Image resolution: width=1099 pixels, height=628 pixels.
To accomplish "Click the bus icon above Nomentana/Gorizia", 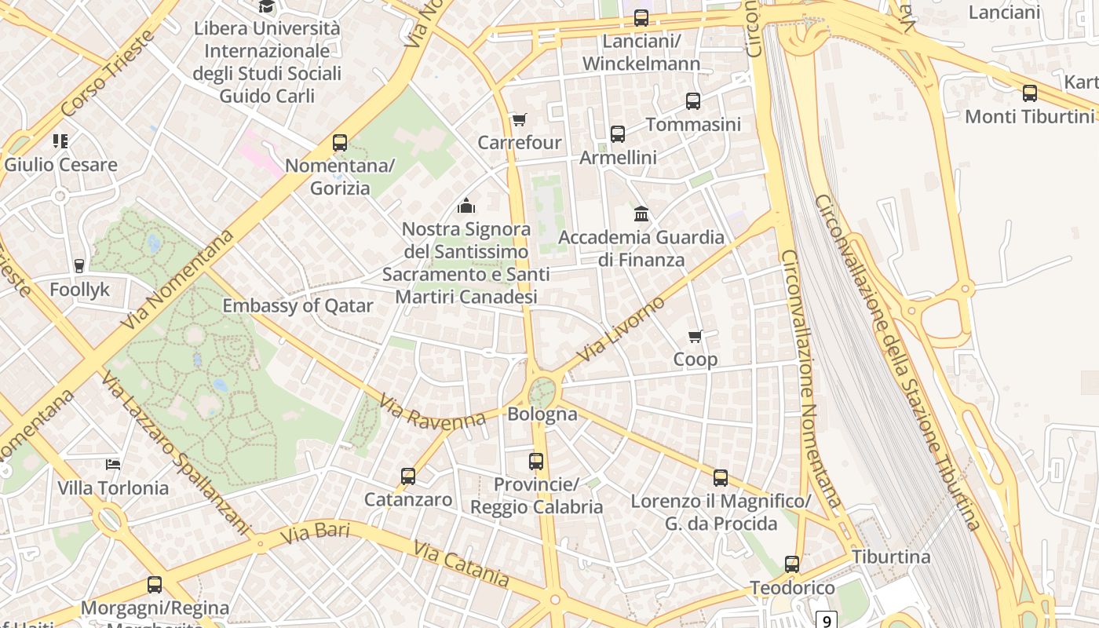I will (x=339, y=143).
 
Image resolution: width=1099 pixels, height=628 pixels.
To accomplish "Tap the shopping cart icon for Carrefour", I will (x=519, y=120).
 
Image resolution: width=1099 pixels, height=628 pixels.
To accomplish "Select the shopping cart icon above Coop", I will (x=695, y=337).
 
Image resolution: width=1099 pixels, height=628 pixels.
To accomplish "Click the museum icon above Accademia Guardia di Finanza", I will (x=641, y=214).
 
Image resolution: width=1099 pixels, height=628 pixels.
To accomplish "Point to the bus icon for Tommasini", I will (x=692, y=101).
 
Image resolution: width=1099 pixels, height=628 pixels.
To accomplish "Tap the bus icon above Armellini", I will (x=618, y=134).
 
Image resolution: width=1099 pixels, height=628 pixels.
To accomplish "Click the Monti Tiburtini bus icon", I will (x=1029, y=93).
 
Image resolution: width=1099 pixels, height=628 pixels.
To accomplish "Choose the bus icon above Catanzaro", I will (x=408, y=476).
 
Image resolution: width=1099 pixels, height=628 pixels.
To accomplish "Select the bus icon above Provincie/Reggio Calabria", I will (x=536, y=462).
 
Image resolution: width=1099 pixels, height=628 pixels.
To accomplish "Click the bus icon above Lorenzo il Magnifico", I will (x=720, y=478).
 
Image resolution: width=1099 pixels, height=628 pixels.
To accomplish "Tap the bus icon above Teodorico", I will (x=792, y=564).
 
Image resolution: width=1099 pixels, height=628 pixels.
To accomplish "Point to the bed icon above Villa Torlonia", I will (x=113, y=465).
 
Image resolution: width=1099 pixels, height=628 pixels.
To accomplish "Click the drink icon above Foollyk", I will (x=79, y=266).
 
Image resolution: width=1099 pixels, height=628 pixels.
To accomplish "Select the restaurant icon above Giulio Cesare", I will (x=60, y=141).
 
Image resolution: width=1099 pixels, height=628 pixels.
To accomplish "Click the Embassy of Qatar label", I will (x=298, y=306).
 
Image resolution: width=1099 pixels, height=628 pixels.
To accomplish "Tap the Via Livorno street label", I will (x=620, y=329).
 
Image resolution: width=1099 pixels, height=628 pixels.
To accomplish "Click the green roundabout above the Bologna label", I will (x=542, y=390).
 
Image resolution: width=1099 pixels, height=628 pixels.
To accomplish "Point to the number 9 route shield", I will (x=826, y=621).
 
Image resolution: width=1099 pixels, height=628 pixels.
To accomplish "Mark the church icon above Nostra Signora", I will (x=466, y=206).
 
